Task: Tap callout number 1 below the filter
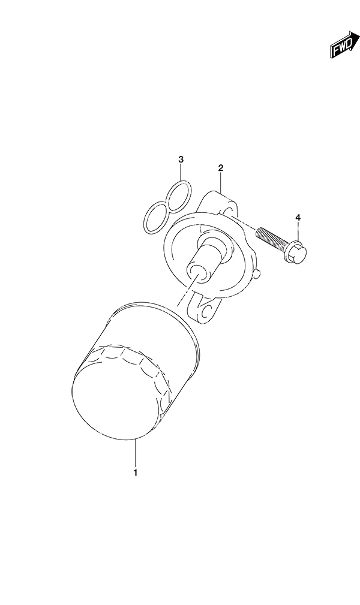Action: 136,472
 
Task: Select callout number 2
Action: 221,168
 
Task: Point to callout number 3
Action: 181,159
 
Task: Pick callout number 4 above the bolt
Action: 298,218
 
